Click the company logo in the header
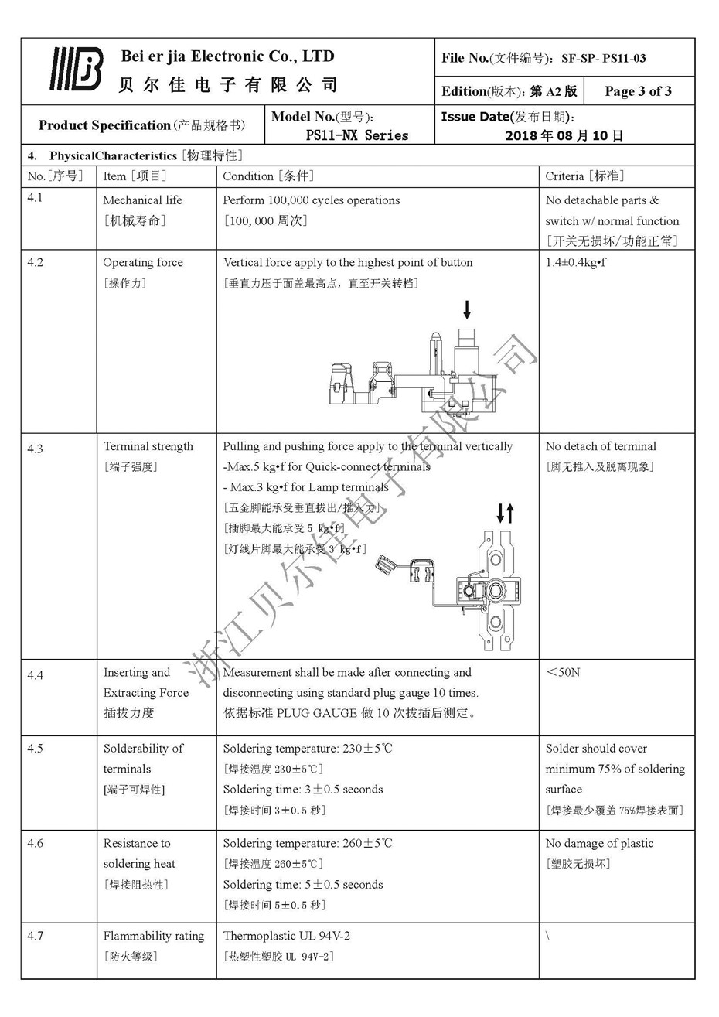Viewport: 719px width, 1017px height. coord(76,70)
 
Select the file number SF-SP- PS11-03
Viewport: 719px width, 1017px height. coord(603,58)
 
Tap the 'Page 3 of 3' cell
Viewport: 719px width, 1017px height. coord(638,91)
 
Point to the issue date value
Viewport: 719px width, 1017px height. coord(564,135)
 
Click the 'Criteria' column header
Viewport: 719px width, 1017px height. coord(584,176)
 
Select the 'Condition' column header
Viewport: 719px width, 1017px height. coord(267,176)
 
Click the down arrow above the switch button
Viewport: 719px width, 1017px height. coord(466,310)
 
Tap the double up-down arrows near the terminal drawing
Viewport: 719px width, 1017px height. coord(505,512)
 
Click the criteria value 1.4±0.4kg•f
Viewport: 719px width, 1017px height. coord(576,262)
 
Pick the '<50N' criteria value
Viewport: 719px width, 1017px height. coord(563,672)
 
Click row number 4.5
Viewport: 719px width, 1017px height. coord(36,749)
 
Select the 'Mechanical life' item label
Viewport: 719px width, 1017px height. coord(143,200)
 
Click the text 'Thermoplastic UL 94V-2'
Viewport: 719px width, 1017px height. coord(286,936)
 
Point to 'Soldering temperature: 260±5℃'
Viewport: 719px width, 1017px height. coord(308,843)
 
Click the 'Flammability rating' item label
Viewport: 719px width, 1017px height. coord(154,936)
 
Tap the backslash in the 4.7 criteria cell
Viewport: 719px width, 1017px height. coord(547,936)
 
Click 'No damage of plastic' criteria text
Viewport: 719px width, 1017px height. coord(599,843)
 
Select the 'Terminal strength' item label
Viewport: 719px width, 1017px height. coord(148,446)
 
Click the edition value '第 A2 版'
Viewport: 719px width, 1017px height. coord(554,91)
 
